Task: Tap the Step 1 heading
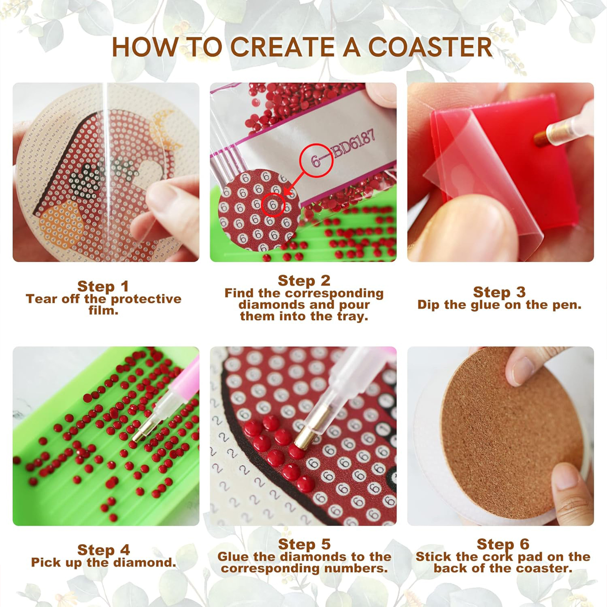(x=103, y=286)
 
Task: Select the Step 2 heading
(x=304, y=281)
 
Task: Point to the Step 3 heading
(x=499, y=292)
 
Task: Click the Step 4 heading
(x=104, y=550)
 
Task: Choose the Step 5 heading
(x=304, y=544)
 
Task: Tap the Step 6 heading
(x=503, y=544)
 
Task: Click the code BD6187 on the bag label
(x=354, y=143)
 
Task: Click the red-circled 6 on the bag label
(x=316, y=160)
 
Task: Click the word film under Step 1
(x=104, y=310)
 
